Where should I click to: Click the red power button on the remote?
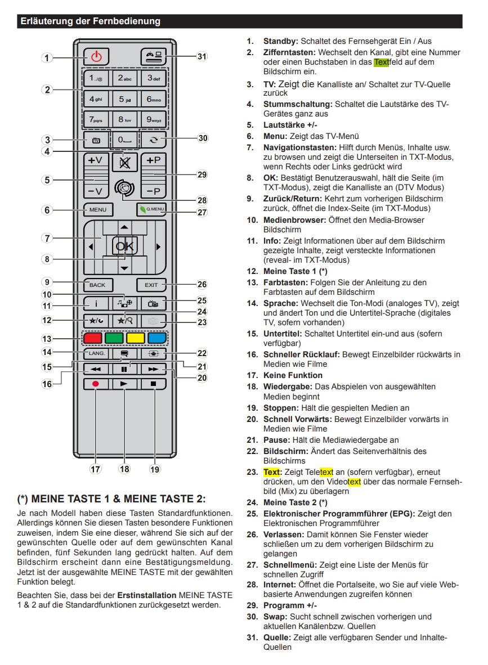pyautogui.click(x=96, y=56)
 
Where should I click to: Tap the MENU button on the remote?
pyautogui.click(x=97, y=209)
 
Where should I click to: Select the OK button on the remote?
pyautogui.click(x=124, y=246)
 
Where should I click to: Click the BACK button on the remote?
pyautogui.click(x=97, y=285)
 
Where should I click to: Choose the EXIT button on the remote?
pyautogui.click(x=151, y=285)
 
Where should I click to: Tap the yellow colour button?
pyautogui.click(x=135, y=338)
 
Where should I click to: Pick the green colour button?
pyautogui.click(x=114, y=338)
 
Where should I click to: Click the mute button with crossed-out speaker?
pyautogui.click(x=124, y=163)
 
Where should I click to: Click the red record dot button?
pyautogui.click(x=96, y=384)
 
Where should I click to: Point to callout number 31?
pyautogui.click(x=202, y=56)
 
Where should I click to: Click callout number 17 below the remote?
pyautogui.click(x=95, y=469)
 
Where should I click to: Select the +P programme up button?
pyautogui.click(x=153, y=160)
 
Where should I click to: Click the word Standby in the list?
pyautogui.click(x=280, y=41)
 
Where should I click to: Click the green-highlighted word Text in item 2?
pyautogui.click(x=381, y=62)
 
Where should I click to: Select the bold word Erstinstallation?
pyautogui.click(x=147, y=595)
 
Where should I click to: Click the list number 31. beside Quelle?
pyautogui.click(x=252, y=637)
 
